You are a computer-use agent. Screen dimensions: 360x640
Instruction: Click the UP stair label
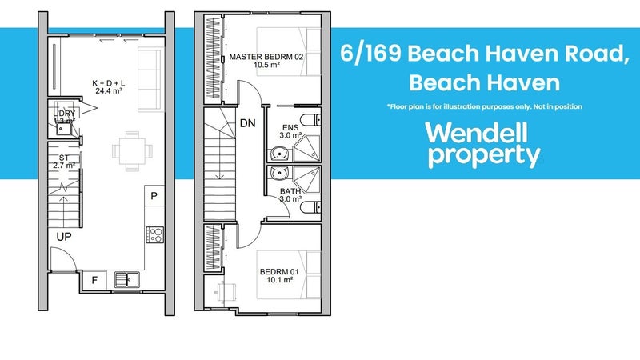click(63, 238)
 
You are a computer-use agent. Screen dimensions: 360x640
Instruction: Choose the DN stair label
click(248, 124)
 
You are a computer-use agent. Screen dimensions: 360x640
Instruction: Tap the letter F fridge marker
click(94, 280)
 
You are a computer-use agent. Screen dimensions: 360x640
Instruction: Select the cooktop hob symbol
click(154, 234)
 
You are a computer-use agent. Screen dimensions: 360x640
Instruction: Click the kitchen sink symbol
click(126, 280)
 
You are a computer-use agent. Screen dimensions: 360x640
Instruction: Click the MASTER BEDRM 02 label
click(264, 58)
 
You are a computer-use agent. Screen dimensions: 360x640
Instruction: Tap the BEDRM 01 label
click(278, 272)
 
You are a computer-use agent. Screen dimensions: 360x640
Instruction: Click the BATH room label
click(291, 191)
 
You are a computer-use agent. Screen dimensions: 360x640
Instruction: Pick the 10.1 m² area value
click(278, 282)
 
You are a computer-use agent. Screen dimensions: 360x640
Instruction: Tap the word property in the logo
click(482, 156)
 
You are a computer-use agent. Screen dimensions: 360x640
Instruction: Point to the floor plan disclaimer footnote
click(483, 106)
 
